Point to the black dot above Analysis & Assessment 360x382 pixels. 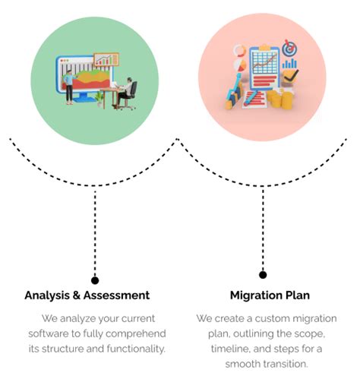pos(95,279)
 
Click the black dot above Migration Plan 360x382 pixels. pos(263,274)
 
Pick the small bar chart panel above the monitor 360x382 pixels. pos(106,59)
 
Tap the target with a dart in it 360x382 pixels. pos(289,49)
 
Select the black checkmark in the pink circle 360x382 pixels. pos(292,75)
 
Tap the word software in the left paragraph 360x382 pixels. pos(50,333)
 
